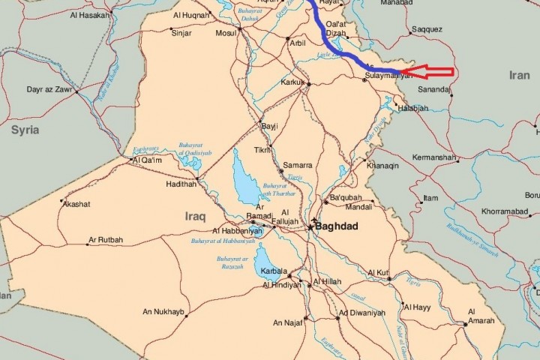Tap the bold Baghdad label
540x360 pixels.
pos(337,226)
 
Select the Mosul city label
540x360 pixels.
pos(226,34)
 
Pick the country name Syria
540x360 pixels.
pos(24,130)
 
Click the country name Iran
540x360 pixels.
pos(519,75)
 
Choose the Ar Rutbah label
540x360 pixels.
pos(106,240)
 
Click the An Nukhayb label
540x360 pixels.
pos(163,311)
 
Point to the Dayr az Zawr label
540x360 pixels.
pos(49,89)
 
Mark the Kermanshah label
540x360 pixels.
pos(434,158)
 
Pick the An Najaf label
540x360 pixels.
pos(288,322)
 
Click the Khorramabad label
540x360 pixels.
pos(508,211)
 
